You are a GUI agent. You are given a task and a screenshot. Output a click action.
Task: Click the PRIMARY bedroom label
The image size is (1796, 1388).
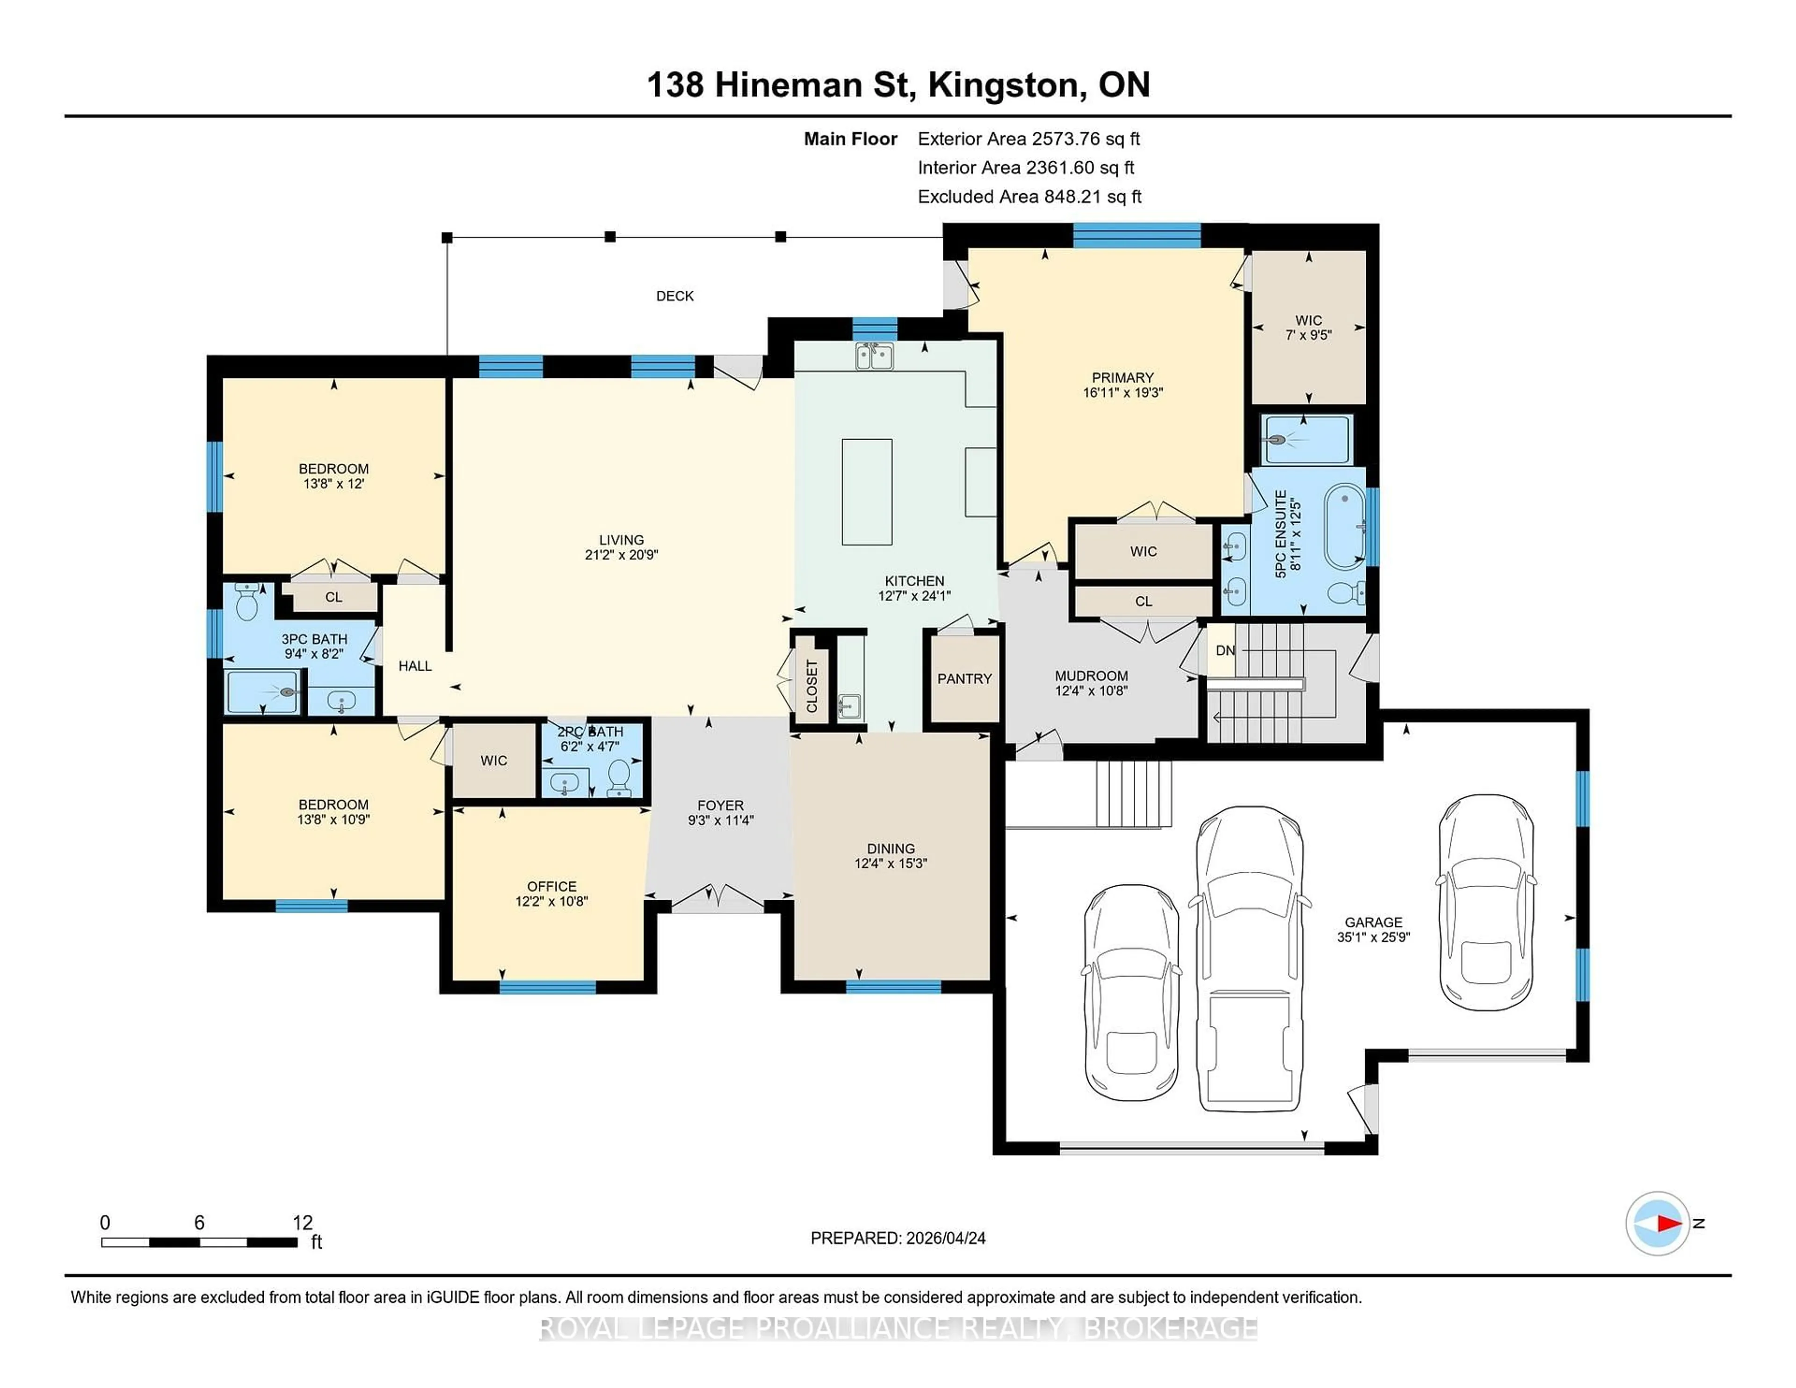click(x=1122, y=377)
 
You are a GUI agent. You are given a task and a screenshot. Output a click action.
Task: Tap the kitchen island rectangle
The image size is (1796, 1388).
click(x=867, y=492)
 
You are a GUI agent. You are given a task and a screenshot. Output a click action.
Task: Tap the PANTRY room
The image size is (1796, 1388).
click(x=964, y=679)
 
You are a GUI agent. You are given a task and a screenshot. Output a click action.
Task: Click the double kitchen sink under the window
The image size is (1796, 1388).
click(x=873, y=357)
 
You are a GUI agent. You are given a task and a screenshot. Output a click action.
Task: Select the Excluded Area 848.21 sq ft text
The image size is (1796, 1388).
click(x=1029, y=196)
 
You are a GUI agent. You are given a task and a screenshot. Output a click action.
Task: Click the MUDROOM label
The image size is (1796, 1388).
click(x=1091, y=676)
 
